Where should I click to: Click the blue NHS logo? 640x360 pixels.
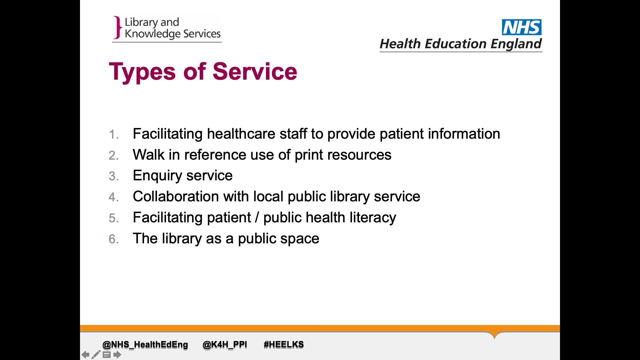click(x=522, y=27)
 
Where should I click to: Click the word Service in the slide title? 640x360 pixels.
click(x=255, y=71)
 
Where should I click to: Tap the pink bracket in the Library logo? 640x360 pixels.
click(x=117, y=27)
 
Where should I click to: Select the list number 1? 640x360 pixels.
click(x=114, y=134)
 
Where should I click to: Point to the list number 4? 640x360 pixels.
click(x=114, y=197)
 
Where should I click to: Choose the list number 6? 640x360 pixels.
click(x=114, y=239)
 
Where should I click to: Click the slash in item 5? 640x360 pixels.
click(x=257, y=218)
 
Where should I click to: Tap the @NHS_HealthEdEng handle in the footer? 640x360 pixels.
click(x=145, y=345)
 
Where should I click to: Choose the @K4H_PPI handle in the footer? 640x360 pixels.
click(x=225, y=345)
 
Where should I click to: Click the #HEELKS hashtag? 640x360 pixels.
click(x=284, y=345)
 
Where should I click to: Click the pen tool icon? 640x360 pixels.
click(x=96, y=354)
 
